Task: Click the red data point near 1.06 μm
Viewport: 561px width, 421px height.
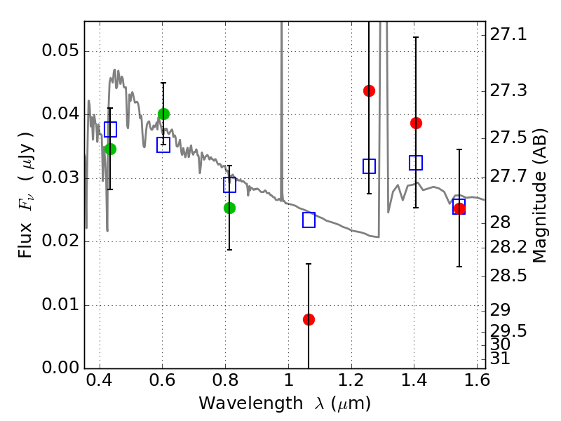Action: [309, 319]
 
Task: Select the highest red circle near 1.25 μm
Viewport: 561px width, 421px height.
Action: [369, 91]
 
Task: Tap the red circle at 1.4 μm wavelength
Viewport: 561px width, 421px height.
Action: [416, 123]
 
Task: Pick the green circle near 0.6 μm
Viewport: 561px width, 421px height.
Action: [163, 114]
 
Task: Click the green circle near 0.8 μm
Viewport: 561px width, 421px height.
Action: [229, 208]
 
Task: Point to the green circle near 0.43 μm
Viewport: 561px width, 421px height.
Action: [110, 149]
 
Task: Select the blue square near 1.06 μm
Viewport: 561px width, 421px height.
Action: [309, 220]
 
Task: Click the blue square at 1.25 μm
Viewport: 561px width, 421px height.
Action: [369, 166]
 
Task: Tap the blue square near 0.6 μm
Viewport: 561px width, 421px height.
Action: [163, 145]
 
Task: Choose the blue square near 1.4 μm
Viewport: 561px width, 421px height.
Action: [416, 163]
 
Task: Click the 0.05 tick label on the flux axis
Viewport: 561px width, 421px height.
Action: [60, 51]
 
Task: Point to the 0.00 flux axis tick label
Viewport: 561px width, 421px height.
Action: [60, 368]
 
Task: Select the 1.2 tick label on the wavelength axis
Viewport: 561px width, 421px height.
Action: [351, 380]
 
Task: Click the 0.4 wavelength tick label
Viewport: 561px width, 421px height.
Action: [100, 380]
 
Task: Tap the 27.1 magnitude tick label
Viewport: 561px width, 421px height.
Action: [508, 35]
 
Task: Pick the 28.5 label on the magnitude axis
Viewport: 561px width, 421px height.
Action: [508, 276]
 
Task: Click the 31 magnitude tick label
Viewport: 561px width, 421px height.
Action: [500, 359]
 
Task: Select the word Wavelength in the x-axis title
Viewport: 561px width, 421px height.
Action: [251, 403]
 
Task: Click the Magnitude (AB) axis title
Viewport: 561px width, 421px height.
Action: [539, 196]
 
